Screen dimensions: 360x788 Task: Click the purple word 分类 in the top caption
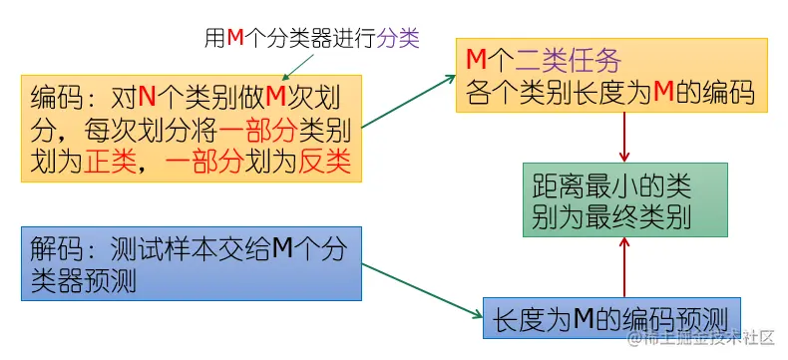398,38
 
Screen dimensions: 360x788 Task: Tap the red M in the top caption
235,38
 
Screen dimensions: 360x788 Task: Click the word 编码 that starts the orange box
55,97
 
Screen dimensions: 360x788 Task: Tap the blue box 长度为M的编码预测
612,318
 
